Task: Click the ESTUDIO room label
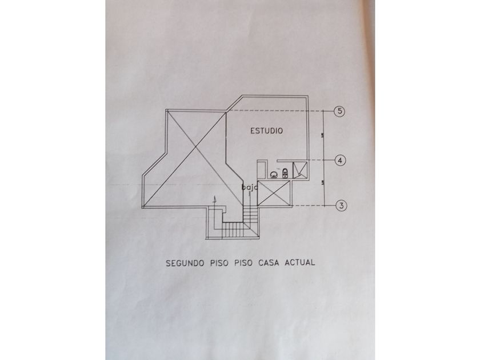267,131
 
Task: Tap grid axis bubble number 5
339,111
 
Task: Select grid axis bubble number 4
339,161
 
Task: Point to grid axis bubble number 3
339,205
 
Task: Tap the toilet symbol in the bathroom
285,173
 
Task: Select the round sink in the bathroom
274,173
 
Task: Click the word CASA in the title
270,264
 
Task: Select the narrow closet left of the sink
261,170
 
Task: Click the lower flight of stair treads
233,230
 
